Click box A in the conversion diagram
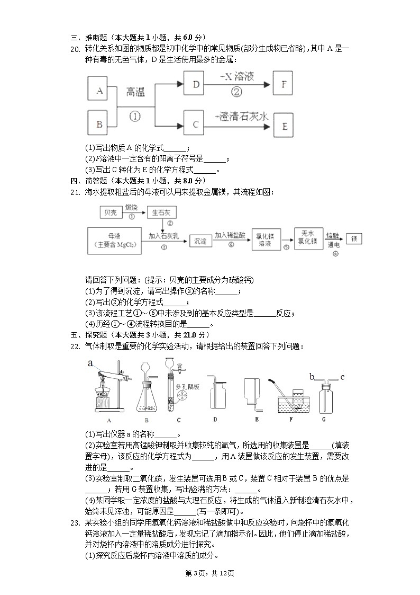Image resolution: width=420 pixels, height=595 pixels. (x=98, y=91)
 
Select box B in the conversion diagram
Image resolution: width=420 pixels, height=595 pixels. (x=98, y=125)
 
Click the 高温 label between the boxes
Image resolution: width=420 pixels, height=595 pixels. (x=135, y=93)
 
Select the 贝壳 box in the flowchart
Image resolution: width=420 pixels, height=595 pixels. (x=111, y=212)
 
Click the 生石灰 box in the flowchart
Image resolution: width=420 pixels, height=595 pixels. (x=162, y=212)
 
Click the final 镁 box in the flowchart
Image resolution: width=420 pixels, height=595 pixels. (x=353, y=238)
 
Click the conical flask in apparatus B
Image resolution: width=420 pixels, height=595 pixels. (x=148, y=403)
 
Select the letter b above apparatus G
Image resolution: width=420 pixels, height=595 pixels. (x=312, y=377)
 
